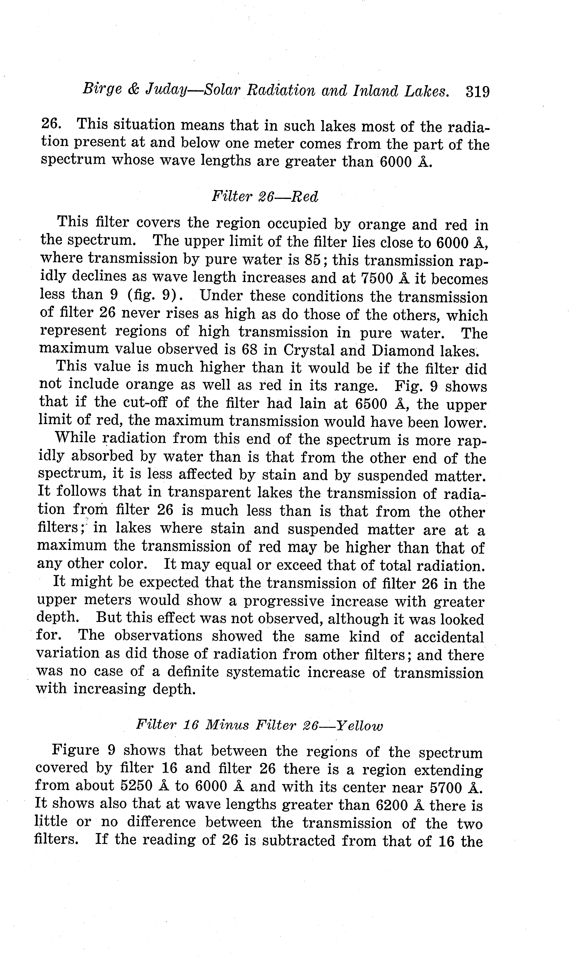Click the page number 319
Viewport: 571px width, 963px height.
(477, 92)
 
